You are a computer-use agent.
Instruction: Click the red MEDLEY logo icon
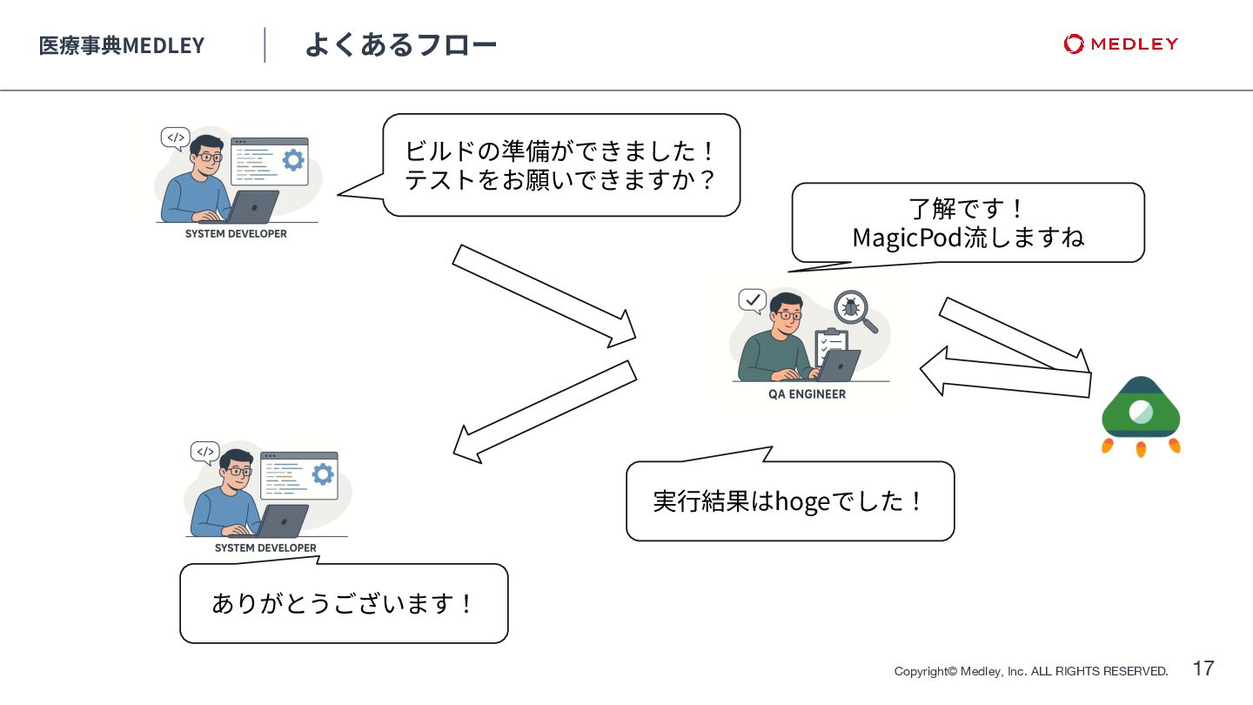tap(1074, 44)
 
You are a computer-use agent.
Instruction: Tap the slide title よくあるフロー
tap(400, 44)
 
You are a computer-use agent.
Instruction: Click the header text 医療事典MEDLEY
tap(122, 45)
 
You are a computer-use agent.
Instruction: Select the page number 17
tap(1203, 668)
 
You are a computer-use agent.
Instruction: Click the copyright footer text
tap(1031, 671)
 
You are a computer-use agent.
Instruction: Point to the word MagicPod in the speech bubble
tap(908, 237)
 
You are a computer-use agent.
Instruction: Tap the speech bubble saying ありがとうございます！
tap(344, 603)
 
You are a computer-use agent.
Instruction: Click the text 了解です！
tap(968, 209)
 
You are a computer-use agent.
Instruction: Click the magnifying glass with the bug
tap(854, 311)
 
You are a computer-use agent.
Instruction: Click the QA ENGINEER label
tap(807, 394)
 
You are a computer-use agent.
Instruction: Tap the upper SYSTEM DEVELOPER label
tap(236, 234)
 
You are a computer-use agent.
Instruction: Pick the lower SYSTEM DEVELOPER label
tap(265, 548)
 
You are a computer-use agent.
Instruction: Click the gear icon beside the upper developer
tap(293, 159)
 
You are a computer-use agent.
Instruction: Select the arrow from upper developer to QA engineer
tap(545, 296)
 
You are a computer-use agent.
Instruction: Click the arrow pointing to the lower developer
tap(545, 410)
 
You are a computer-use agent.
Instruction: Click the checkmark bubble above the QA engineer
tap(752, 301)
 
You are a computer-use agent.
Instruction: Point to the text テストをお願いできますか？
tap(560, 180)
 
